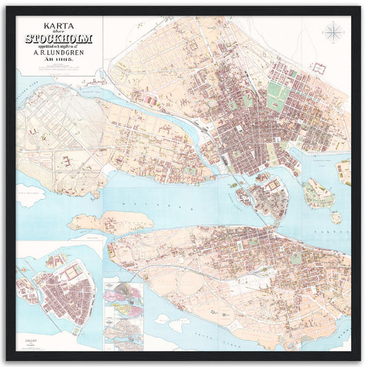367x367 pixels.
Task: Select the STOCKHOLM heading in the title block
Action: (x=59, y=39)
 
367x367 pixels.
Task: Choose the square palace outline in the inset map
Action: (x=70, y=273)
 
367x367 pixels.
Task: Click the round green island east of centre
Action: (x=318, y=193)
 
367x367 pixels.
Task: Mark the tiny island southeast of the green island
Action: (x=335, y=217)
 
